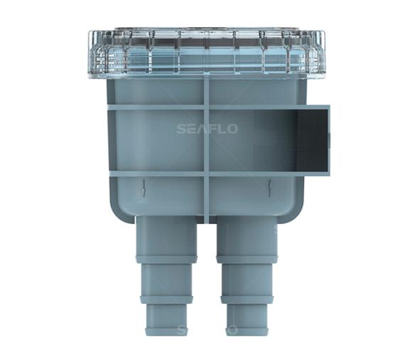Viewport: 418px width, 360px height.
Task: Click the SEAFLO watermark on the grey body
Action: tap(207, 129)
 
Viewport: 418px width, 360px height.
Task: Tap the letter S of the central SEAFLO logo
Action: tap(181, 129)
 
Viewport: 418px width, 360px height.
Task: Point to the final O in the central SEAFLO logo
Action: tap(232, 129)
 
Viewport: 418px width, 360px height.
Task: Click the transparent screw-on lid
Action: tap(208, 53)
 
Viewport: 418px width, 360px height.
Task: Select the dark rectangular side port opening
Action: tap(312, 141)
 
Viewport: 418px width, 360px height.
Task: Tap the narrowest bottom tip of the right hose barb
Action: tap(246, 319)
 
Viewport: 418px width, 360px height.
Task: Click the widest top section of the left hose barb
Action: tap(166, 236)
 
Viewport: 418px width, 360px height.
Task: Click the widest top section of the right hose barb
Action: tap(247, 236)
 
